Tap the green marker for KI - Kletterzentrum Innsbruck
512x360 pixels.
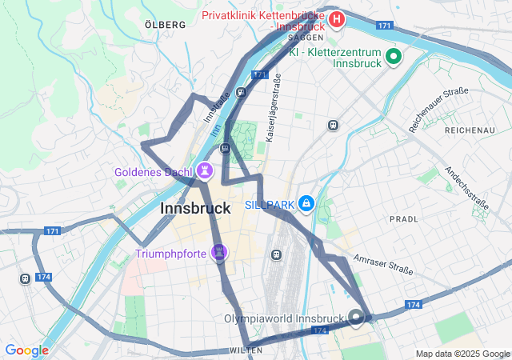click(393, 56)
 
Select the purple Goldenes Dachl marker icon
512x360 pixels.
click(206, 171)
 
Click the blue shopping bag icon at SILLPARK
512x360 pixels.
click(306, 205)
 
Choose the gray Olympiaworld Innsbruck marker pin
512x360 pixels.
click(356, 318)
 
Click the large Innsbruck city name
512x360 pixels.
click(196, 208)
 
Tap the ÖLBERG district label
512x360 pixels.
click(166, 25)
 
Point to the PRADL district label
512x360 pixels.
click(403, 218)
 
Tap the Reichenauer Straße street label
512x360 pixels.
click(438, 110)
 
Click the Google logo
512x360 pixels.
click(26, 350)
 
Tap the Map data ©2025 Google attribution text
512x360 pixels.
click(462, 354)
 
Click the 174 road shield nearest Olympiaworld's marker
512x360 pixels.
click(320, 330)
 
